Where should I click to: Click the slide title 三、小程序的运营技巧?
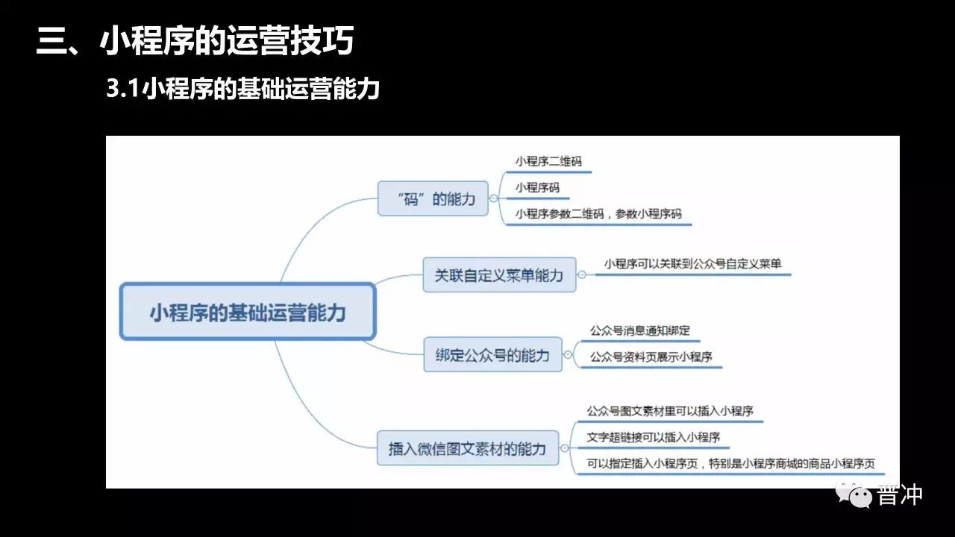click(195, 42)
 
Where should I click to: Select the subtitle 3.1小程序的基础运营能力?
click(243, 89)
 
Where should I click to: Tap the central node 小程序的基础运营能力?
click(248, 312)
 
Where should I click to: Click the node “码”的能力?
click(433, 199)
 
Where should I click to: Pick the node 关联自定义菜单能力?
click(499, 275)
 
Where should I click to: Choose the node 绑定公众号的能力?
click(492, 355)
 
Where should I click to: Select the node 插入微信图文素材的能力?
click(468, 448)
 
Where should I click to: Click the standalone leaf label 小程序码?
click(537, 188)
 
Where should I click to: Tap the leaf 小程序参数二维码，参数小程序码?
click(598, 214)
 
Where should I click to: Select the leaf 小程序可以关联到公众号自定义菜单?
click(693, 263)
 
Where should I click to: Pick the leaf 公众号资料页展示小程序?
click(651, 357)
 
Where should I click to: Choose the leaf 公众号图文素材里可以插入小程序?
click(670, 411)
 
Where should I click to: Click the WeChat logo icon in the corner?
click(854, 494)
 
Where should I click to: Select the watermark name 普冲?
click(901, 494)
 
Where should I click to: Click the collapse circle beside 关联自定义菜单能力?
click(582, 274)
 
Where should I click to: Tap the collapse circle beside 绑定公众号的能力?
click(569, 355)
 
